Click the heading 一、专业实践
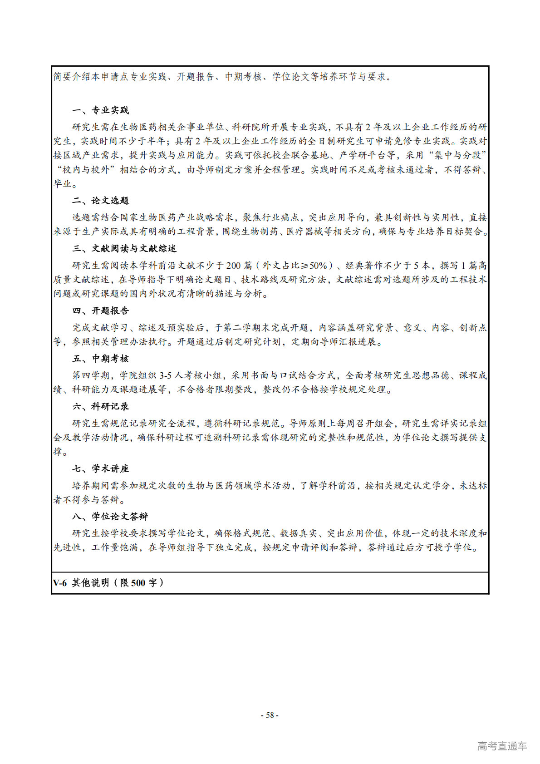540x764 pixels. coord(100,110)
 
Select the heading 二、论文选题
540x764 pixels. coord(100,201)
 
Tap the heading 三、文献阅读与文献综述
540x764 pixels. coord(124,249)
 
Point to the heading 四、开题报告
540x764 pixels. coord(100,311)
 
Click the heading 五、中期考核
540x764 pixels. coord(100,359)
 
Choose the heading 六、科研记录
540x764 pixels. coord(100,407)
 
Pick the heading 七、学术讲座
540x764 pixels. coord(100,469)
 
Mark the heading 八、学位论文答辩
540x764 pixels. coord(110,517)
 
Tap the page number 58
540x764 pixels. coord(270,715)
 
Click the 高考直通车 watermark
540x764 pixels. coord(502,746)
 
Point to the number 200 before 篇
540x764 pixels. coord(233,266)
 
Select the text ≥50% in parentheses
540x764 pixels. coord(313,266)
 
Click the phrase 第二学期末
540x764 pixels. coord(248,328)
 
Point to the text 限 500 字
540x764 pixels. coord(138,583)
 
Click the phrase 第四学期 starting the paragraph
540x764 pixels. coord(91,375)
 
